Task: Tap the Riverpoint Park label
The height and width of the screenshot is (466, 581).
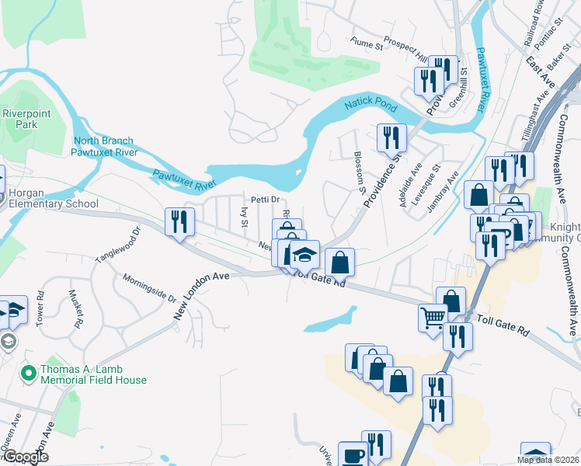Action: pyautogui.click(x=20, y=119)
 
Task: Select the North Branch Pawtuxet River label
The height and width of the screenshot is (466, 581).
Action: pyautogui.click(x=106, y=147)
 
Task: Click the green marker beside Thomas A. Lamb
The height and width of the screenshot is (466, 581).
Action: pyautogui.click(x=29, y=374)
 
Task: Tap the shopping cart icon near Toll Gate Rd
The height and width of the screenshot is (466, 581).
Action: pyautogui.click(x=433, y=316)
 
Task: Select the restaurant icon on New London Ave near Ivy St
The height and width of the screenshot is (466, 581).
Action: pyautogui.click(x=180, y=221)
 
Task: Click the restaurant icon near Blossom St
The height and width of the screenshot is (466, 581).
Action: pyautogui.click(x=391, y=137)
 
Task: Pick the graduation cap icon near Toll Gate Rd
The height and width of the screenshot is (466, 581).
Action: pyautogui.click(x=305, y=254)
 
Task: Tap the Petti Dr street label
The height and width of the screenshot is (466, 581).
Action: pyautogui.click(x=263, y=200)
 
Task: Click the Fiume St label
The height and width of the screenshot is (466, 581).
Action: pyautogui.click(x=367, y=45)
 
